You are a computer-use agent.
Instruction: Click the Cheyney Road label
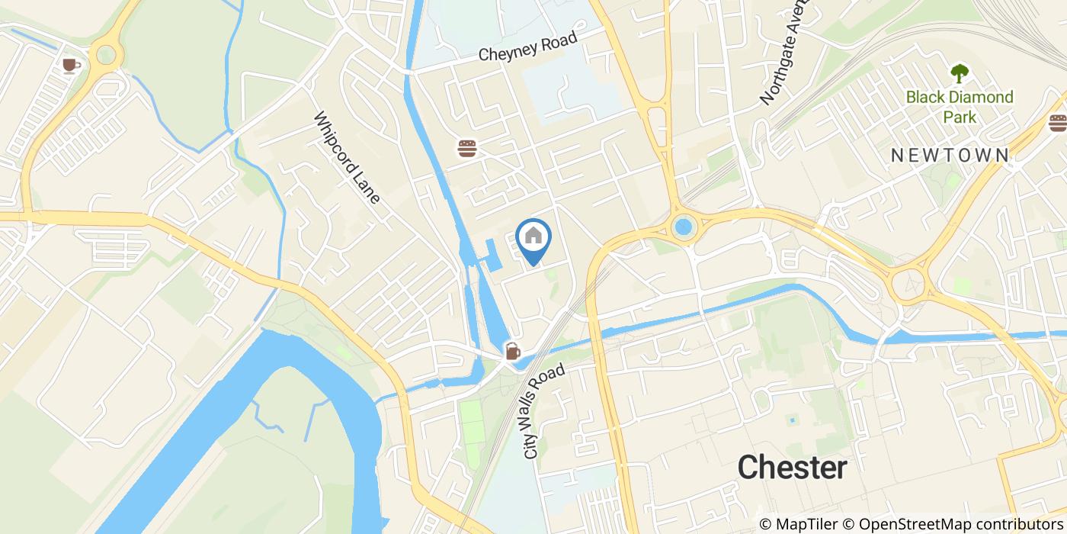[x=529, y=47]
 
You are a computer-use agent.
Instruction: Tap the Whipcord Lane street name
[x=347, y=159]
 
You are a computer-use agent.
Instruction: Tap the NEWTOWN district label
[x=950, y=155]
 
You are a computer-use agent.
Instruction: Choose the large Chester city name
[x=792, y=467]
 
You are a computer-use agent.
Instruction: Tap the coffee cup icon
[x=71, y=66]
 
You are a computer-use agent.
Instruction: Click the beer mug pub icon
[x=512, y=352]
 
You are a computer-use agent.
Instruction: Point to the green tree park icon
[x=959, y=74]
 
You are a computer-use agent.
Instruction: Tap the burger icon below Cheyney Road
[x=467, y=148]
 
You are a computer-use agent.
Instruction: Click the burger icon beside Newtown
[x=1057, y=123]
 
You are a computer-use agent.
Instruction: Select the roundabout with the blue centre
[x=684, y=227]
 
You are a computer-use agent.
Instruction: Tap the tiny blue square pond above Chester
[x=793, y=420]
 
